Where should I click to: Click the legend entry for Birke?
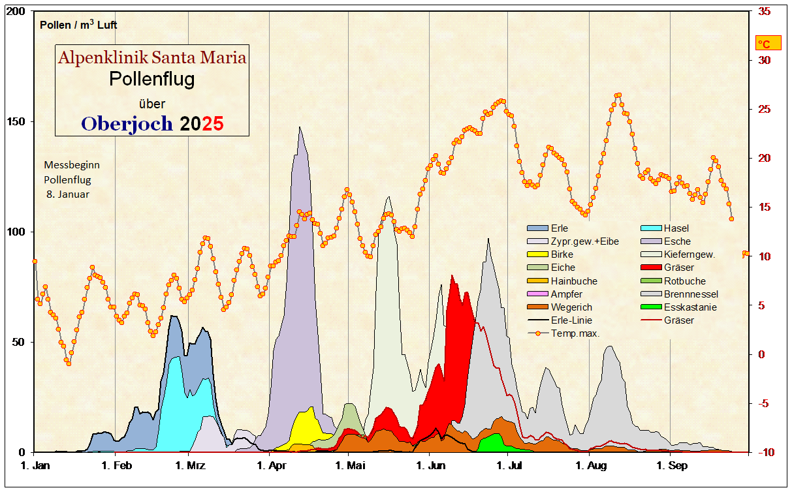(562, 254)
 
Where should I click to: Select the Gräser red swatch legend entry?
(678, 268)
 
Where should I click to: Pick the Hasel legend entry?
(676, 228)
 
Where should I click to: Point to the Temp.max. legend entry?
(575, 333)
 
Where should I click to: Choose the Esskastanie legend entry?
(689, 307)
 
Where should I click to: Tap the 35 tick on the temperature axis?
(764, 12)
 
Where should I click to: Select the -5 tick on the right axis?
(764, 403)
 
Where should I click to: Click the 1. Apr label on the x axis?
(272, 466)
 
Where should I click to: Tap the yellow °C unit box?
(764, 44)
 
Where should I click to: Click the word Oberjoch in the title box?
(127, 123)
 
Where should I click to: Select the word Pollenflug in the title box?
(151, 80)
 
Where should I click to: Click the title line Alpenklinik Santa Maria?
(152, 57)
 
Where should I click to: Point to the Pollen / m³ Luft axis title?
(78, 25)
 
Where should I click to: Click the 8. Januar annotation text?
(67, 194)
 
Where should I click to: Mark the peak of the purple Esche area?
(300, 128)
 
